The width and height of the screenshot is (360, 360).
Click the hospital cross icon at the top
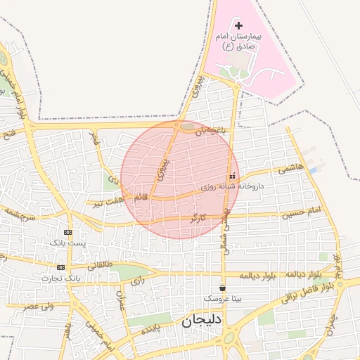pos(238,25)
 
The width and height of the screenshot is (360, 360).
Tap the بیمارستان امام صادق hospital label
pos(238,41)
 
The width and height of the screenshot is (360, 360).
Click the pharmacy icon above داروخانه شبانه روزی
pos(232,176)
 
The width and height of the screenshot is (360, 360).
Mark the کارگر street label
pos(198,219)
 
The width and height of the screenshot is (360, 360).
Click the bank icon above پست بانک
pos(67,232)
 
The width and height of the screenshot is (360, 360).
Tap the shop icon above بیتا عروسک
pos(223,287)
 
